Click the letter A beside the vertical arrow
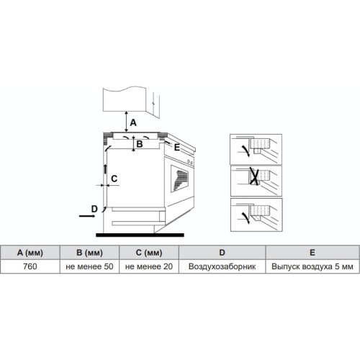tap(133, 122)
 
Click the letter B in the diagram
tap(140, 144)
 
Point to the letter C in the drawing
tap(114, 179)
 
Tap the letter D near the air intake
tap(94, 209)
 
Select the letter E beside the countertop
tap(177, 147)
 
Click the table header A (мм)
tap(30, 253)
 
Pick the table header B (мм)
tap(89, 253)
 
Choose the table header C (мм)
tap(149, 253)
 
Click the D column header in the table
tap(222, 253)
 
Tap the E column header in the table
tap(312, 253)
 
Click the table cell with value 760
tap(30, 266)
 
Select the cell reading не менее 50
tap(89, 266)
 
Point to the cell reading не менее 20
tap(149, 266)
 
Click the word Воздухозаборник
tap(222, 266)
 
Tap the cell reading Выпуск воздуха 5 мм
tap(312, 266)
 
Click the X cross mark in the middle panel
tap(254, 176)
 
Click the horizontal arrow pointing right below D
tap(87, 216)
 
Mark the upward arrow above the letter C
tap(105, 169)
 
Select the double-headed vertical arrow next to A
tap(127, 122)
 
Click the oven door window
tap(179, 179)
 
